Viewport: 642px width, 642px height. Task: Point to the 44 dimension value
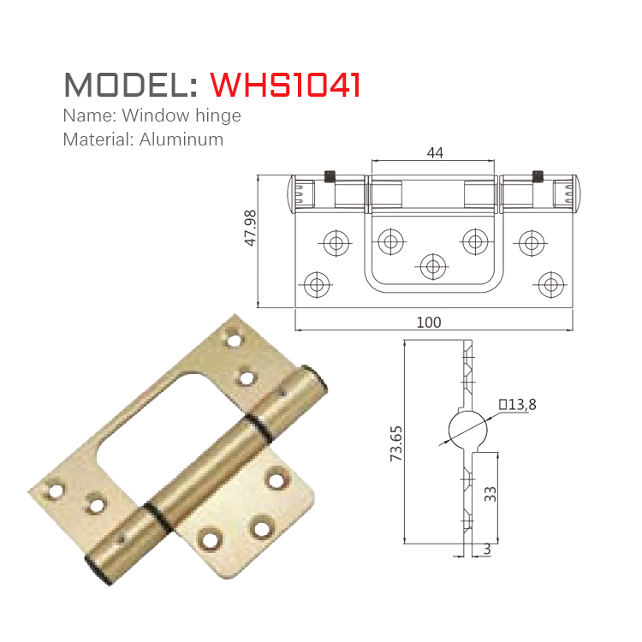(x=434, y=152)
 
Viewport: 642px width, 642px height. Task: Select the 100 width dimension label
(x=428, y=322)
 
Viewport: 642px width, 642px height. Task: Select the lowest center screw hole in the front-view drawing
(x=434, y=265)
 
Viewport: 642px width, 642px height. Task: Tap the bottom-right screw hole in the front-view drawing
(x=550, y=283)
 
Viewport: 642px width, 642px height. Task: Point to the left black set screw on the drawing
(x=330, y=176)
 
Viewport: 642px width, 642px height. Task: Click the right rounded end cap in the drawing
(x=575, y=192)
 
